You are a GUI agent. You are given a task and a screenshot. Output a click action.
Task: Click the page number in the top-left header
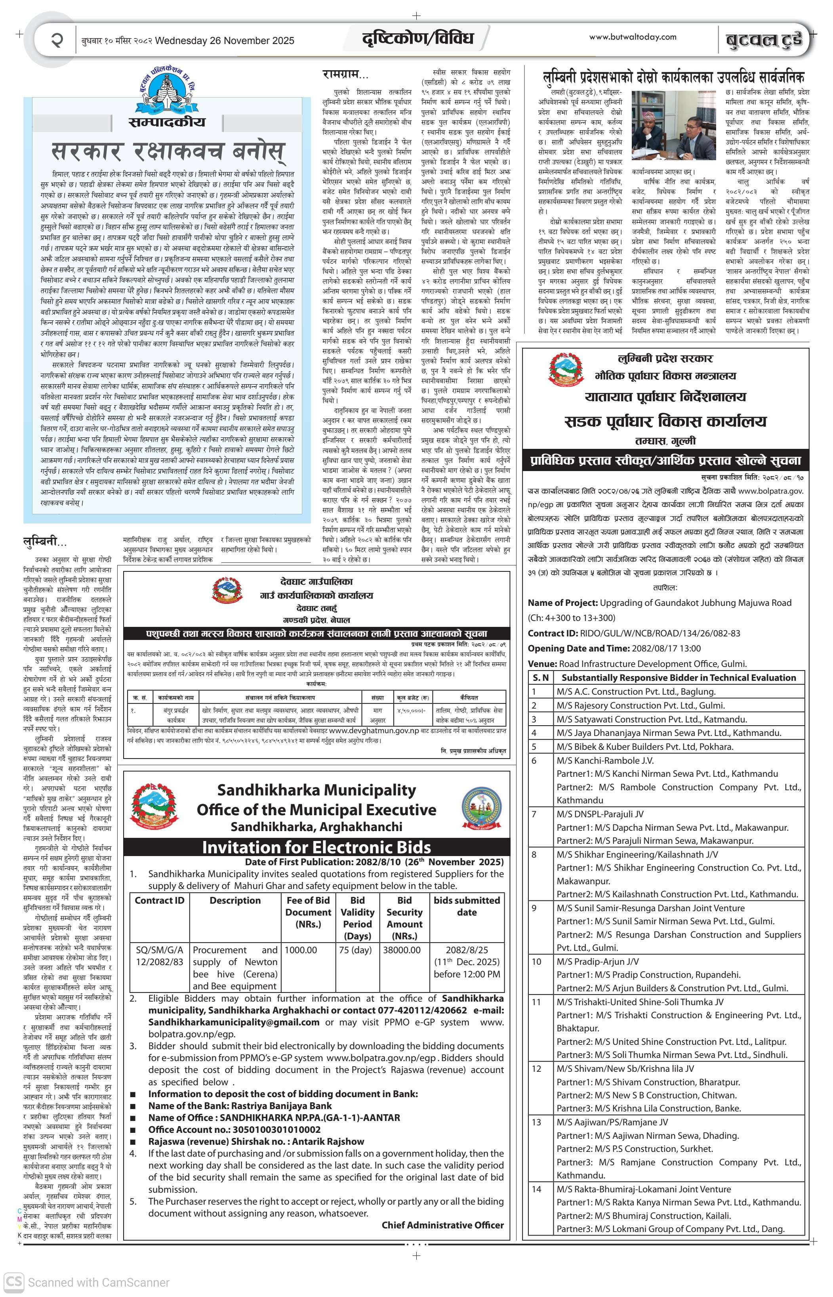tap(56, 40)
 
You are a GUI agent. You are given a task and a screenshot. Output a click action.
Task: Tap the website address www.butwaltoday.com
tap(632, 37)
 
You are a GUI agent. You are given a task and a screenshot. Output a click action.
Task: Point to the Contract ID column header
tap(160, 900)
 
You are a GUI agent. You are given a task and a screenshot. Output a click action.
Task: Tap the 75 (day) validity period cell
tap(355, 950)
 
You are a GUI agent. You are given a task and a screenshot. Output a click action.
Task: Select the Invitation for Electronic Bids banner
tap(316, 847)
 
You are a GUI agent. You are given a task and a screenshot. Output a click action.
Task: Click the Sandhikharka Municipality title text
tap(316, 790)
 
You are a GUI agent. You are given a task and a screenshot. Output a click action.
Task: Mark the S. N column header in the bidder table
tap(540, 677)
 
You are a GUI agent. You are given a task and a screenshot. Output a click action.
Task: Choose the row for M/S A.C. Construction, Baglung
tap(636, 691)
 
